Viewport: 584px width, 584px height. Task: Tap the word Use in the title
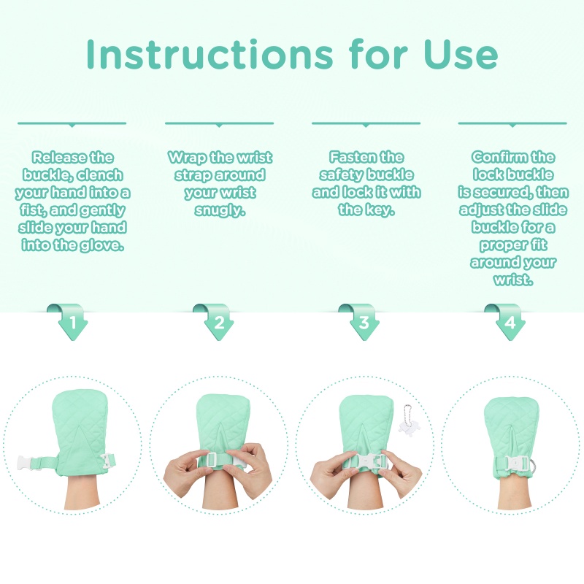(x=461, y=54)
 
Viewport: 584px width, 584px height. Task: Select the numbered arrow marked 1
(x=69, y=321)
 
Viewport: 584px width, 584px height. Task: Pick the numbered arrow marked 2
(x=215, y=321)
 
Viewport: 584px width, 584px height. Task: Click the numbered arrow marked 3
(x=361, y=321)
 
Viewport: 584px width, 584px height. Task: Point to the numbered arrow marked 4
(x=507, y=321)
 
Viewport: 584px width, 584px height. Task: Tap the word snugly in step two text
(x=220, y=210)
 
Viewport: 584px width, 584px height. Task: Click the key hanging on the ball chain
(x=407, y=426)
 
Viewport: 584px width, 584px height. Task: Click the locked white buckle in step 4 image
(x=515, y=462)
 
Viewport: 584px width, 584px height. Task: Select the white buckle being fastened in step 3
(x=366, y=461)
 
